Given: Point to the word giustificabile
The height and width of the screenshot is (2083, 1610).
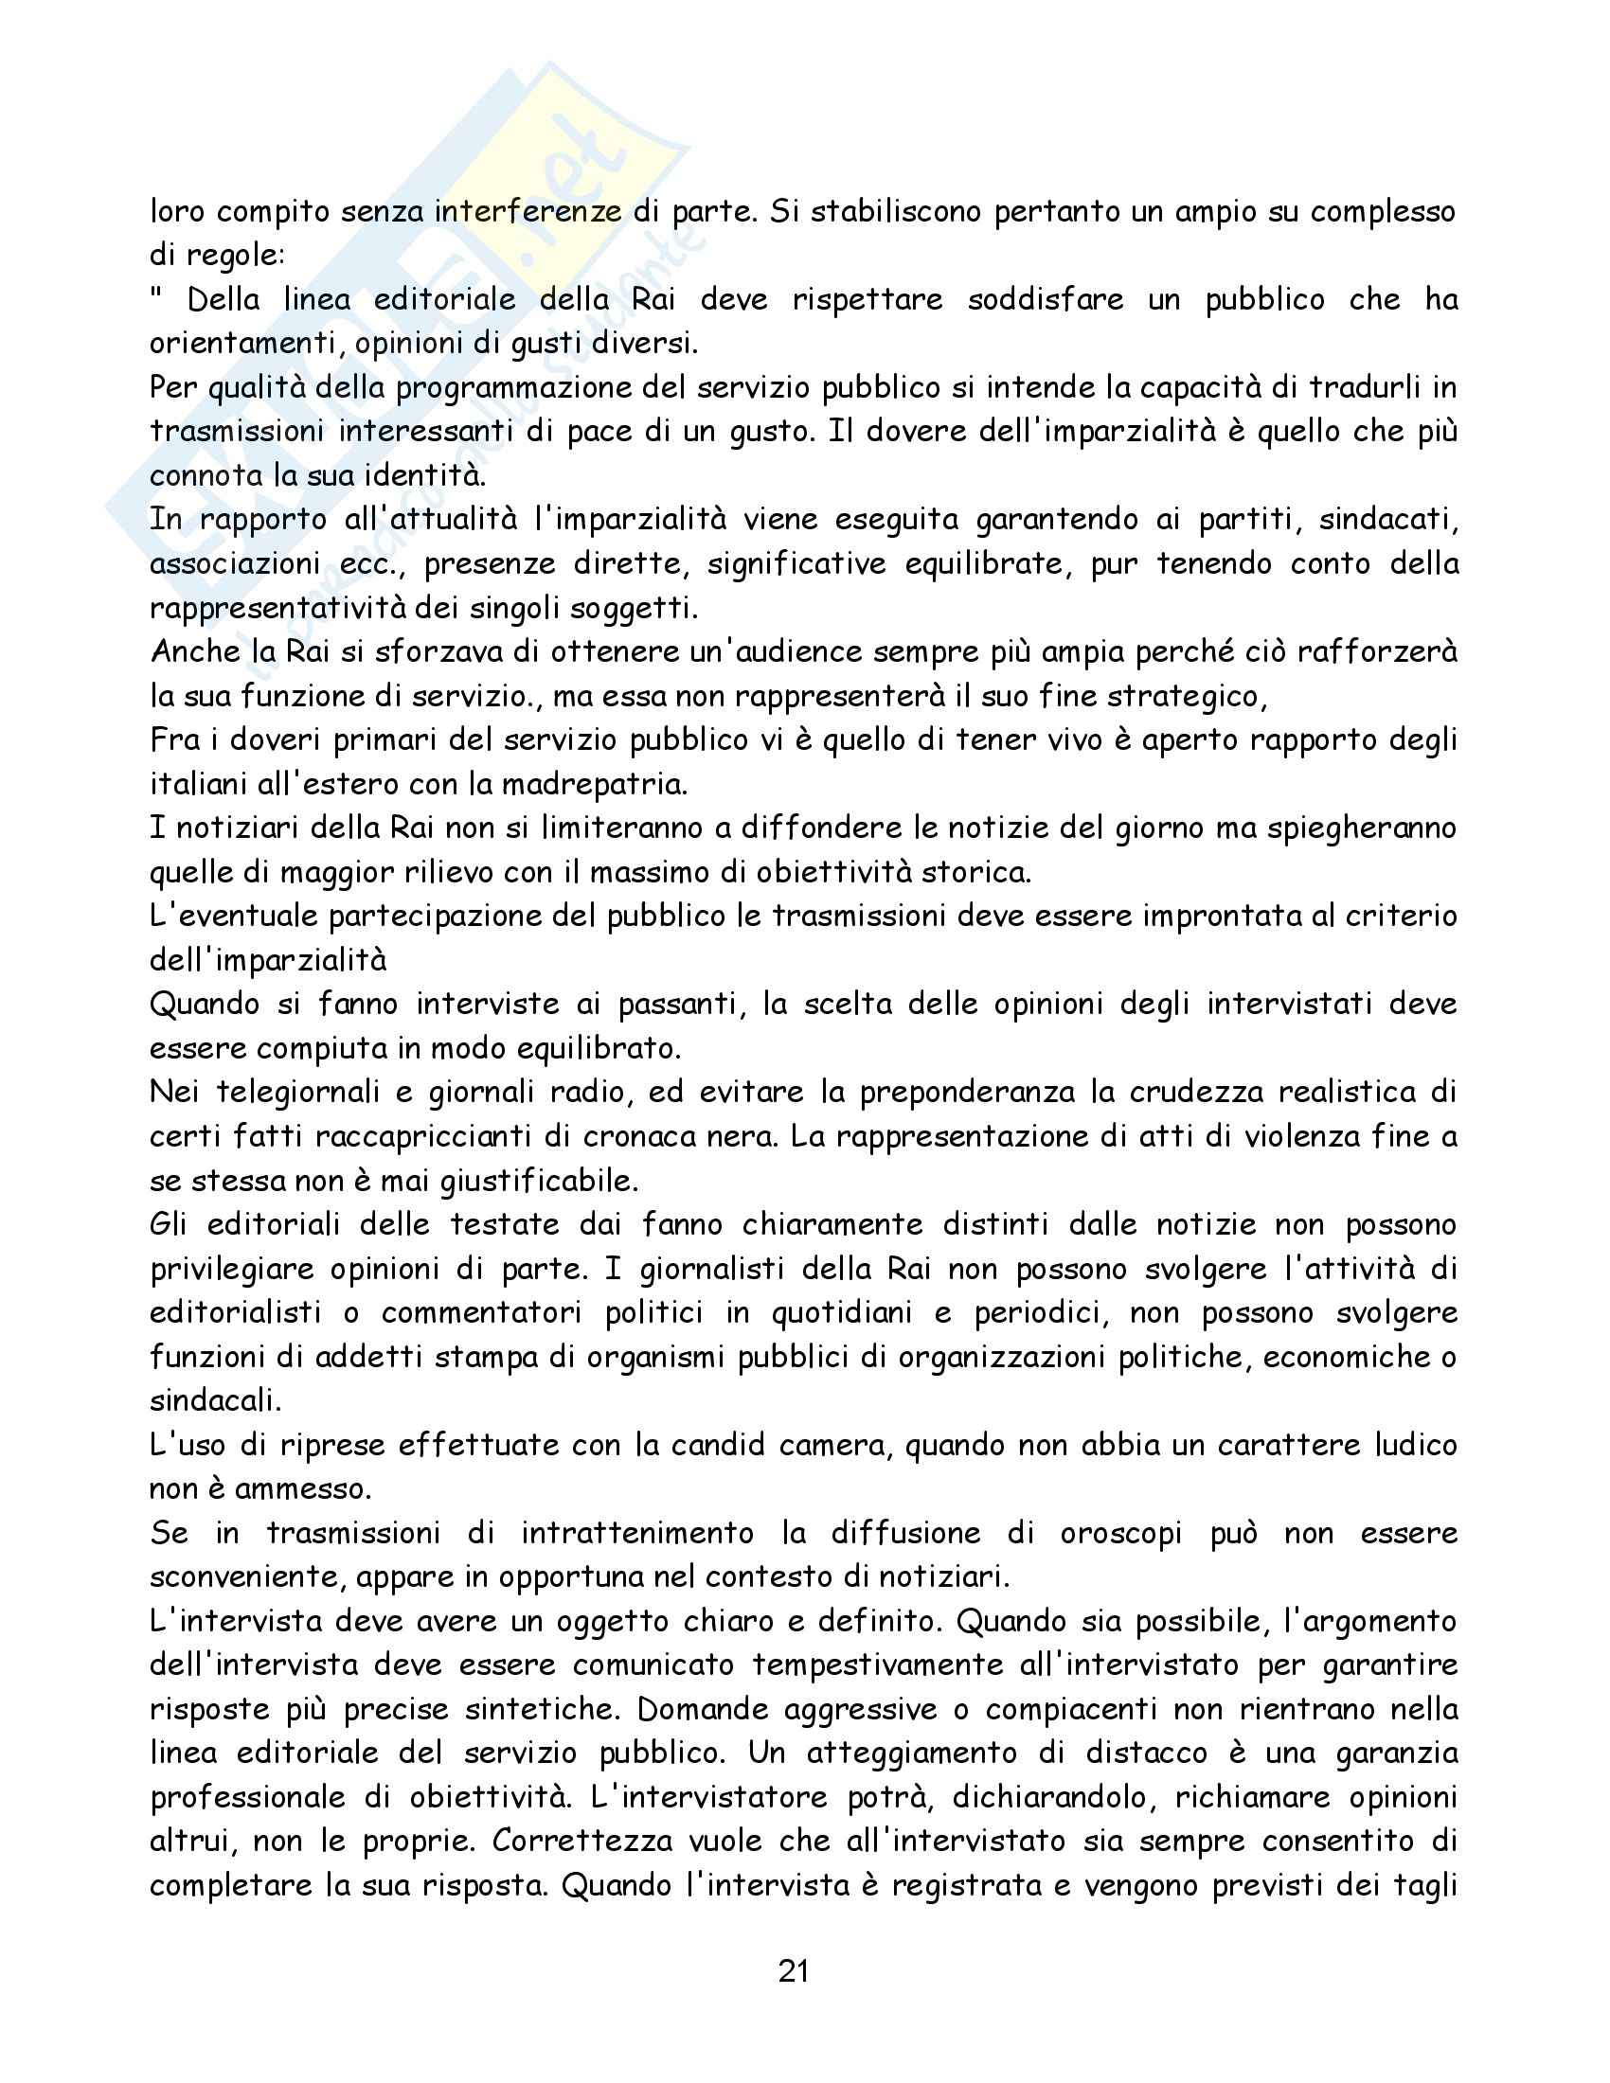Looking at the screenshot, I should pos(539,1181).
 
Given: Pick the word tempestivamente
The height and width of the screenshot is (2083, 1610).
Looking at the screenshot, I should pos(878,1665).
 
